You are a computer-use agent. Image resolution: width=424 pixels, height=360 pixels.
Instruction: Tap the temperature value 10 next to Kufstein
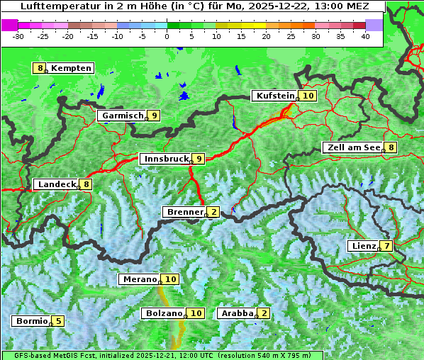308,96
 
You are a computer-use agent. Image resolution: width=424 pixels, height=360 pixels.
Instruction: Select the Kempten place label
71,68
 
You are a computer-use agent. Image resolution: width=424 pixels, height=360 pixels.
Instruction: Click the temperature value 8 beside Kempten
40,68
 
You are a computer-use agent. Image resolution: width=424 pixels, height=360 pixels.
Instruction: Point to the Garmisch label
123,116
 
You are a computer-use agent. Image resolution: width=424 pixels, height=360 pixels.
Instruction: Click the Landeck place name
57,184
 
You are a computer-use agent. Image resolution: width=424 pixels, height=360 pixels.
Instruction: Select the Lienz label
363,246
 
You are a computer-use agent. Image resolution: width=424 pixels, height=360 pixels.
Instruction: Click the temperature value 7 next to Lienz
386,246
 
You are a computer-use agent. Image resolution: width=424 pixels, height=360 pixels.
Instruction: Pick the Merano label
139,279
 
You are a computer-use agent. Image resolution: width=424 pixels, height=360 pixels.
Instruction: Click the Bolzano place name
164,313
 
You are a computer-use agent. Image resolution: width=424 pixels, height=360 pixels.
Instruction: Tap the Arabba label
237,313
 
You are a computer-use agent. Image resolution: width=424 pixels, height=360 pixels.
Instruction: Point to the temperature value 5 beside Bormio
58,321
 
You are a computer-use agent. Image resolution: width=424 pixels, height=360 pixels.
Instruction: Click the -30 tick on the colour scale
18,36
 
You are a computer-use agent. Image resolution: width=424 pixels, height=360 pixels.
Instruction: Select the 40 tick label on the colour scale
365,36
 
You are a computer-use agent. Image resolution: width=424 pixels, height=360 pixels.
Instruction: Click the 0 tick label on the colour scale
167,36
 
